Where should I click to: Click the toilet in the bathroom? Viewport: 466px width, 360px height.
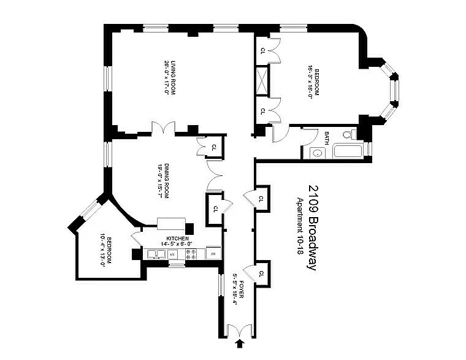coord(349,135)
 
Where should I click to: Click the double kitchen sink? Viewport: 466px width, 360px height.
coord(156,254)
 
